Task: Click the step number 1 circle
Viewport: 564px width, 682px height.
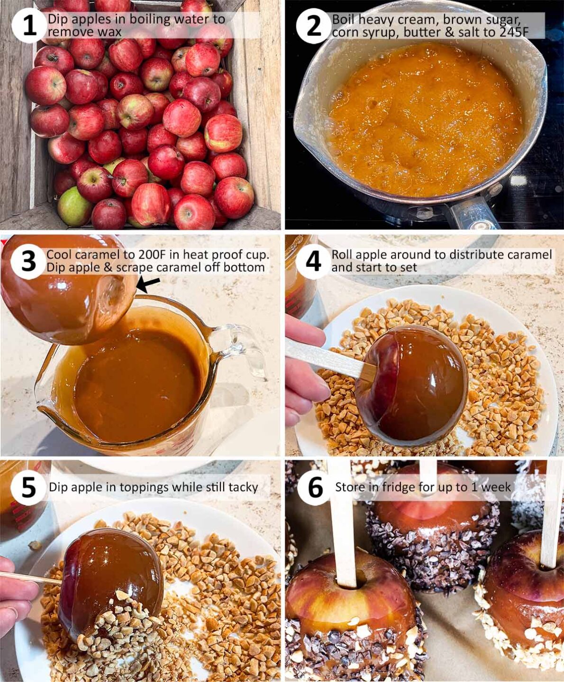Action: (x=29, y=25)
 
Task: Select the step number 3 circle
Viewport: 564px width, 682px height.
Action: (x=28, y=261)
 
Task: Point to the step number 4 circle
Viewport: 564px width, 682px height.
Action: (x=313, y=261)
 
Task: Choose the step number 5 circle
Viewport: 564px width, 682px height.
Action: (x=28, y=487)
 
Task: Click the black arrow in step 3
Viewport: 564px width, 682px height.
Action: (x=148, y=284)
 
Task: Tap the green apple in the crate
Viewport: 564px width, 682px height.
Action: (x=74, y=206)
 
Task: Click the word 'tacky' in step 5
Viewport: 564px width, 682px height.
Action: (x=243, y=487)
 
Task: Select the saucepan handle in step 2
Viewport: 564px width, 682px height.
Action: (x=469, y=215)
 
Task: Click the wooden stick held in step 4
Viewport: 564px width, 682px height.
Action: (x=327, y=358)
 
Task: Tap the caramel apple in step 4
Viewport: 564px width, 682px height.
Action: (x=412, y=384)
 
